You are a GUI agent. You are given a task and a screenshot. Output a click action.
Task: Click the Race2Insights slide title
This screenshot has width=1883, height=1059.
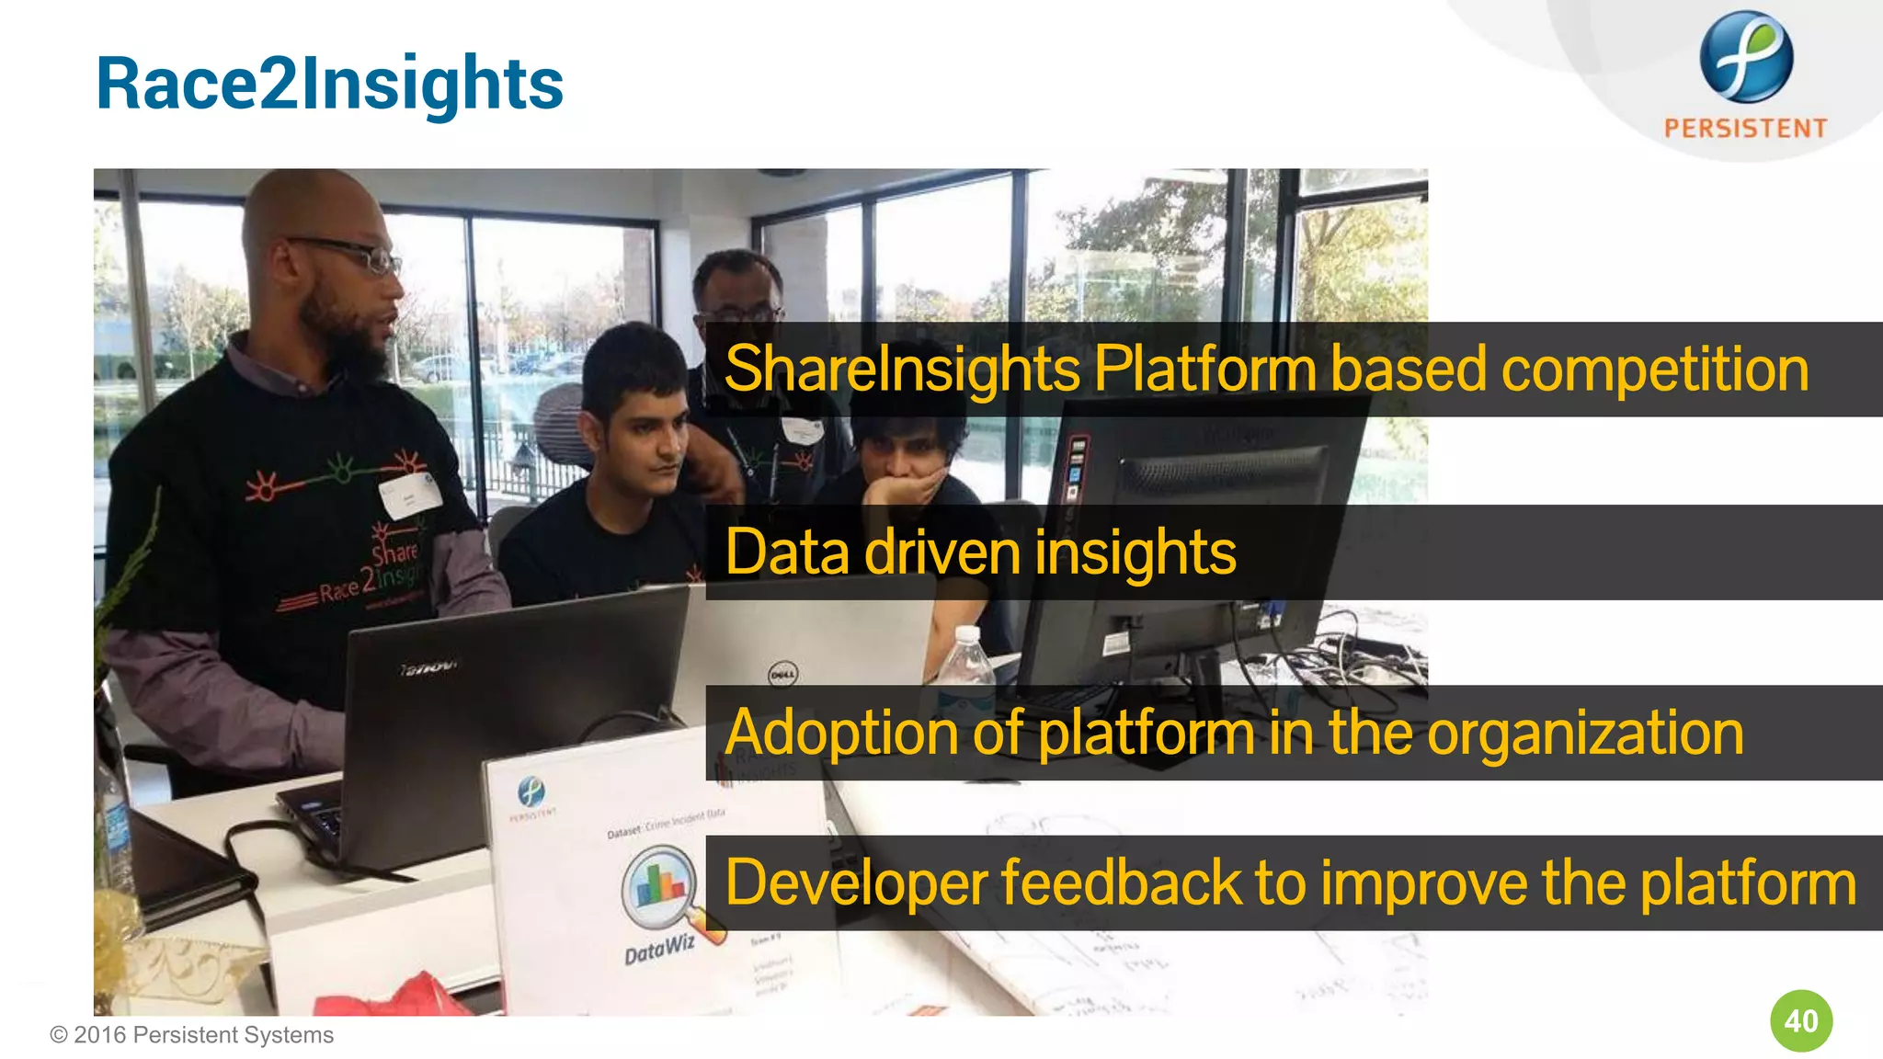pos(329,85)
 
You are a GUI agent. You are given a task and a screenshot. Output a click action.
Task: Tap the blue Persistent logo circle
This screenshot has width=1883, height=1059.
pos(1745,57)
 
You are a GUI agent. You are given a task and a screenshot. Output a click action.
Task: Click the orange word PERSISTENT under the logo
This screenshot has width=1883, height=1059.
pos(1745,128)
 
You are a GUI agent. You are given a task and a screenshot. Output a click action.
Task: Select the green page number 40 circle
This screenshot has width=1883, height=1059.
pos(1800,1020)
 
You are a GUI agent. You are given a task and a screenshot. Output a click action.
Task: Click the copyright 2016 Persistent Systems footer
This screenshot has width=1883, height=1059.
pos(191,1035)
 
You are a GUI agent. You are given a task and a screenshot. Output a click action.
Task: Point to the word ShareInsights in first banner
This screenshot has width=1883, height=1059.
pos(901,370)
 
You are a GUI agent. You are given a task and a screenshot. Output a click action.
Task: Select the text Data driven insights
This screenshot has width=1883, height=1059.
pos(980,552)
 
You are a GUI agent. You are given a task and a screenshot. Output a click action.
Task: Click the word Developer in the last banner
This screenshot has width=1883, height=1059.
pos(855,883)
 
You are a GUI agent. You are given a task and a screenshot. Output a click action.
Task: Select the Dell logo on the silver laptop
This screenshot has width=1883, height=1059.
pos(782,676)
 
